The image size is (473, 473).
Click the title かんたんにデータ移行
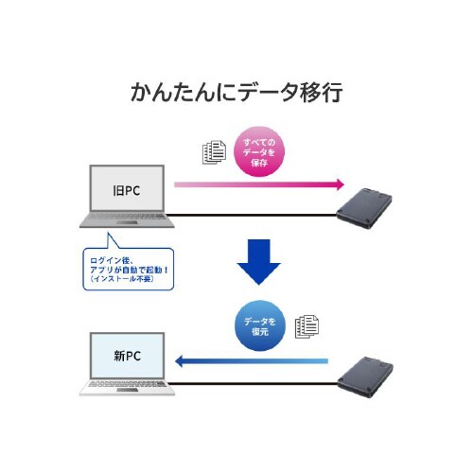point(236,93)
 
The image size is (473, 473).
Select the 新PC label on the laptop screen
point(128,357)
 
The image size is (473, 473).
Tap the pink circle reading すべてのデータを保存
point(258,150)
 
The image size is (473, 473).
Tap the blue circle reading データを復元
point(258,326)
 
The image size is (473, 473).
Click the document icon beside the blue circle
point(306,326)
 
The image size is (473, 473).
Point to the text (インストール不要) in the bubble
point(128,281)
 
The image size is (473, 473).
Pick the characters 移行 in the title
point(320,93)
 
